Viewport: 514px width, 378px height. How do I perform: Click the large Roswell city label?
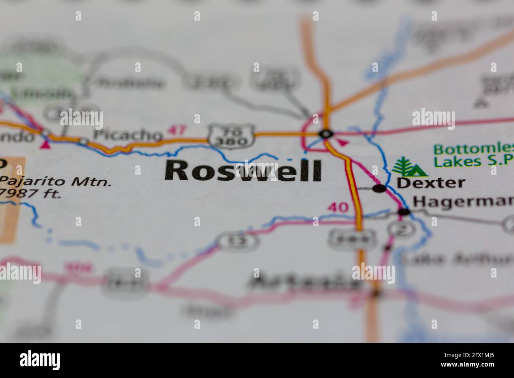[x=243, y=170]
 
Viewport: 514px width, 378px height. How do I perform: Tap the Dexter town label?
[x=431, y=182]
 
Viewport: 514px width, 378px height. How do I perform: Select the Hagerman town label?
[x=463, y=202]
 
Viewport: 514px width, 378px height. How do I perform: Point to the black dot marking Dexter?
[x=379, y=189]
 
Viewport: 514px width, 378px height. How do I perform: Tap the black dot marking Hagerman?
[x=404, y=212]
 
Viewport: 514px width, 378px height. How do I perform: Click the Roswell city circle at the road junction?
[x=325, y=134]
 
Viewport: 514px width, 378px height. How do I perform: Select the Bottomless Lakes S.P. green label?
[x=472, y=155]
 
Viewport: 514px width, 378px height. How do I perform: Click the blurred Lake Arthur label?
[x=457, y=259]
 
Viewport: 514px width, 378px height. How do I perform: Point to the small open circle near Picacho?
[x=83, y=140]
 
